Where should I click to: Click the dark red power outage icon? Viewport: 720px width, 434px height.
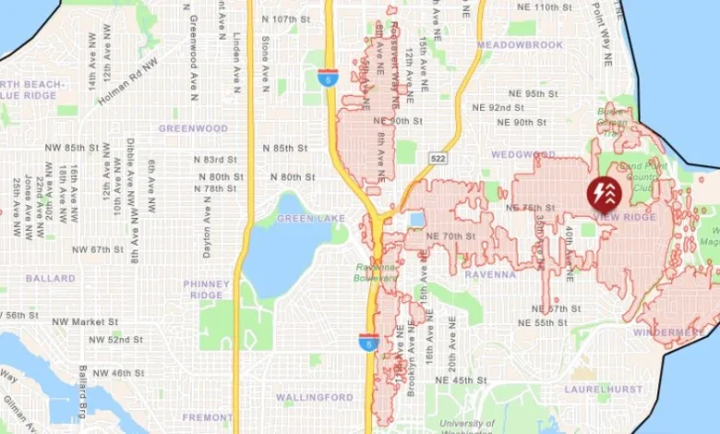(x=605, y=193)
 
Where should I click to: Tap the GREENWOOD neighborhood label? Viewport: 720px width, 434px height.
(x=193, y=128)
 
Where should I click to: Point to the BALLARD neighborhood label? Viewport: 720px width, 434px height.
(x=51, y=278)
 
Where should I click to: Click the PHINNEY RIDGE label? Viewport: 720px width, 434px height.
(x=206, y=290)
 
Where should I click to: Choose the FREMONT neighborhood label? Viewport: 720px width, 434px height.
(x=207, y=417)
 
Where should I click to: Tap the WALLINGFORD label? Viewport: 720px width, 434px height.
(x=314, y=397)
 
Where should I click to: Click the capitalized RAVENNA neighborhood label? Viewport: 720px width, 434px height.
(x=490, y=274)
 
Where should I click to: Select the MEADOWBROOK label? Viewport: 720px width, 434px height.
(x=520, y=44)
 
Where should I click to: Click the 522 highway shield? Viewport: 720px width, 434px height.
(x=435, y=159)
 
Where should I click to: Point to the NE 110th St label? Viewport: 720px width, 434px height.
(x=558, y=7)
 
